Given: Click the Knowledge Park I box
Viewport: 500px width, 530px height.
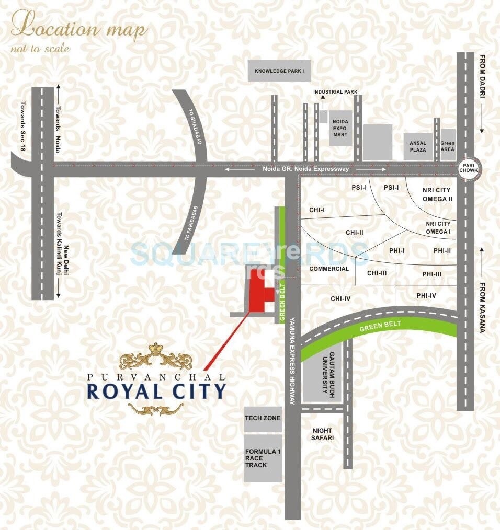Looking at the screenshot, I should pos(279,71).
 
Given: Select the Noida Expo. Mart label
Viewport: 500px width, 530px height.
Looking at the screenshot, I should pos(338,128).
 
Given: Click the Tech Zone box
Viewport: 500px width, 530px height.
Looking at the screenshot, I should pos(263,418).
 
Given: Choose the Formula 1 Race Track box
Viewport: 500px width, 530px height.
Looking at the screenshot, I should pos(263,458).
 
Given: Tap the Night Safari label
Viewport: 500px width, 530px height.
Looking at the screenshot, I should pos(323,434).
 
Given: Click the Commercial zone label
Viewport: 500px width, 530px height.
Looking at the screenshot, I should pos(329,269).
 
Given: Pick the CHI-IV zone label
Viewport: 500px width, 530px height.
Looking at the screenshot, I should pos(340,299).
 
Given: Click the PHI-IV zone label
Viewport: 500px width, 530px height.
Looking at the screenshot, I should pos(426,296).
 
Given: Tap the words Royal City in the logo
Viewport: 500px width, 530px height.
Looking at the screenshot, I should pos(156,391).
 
